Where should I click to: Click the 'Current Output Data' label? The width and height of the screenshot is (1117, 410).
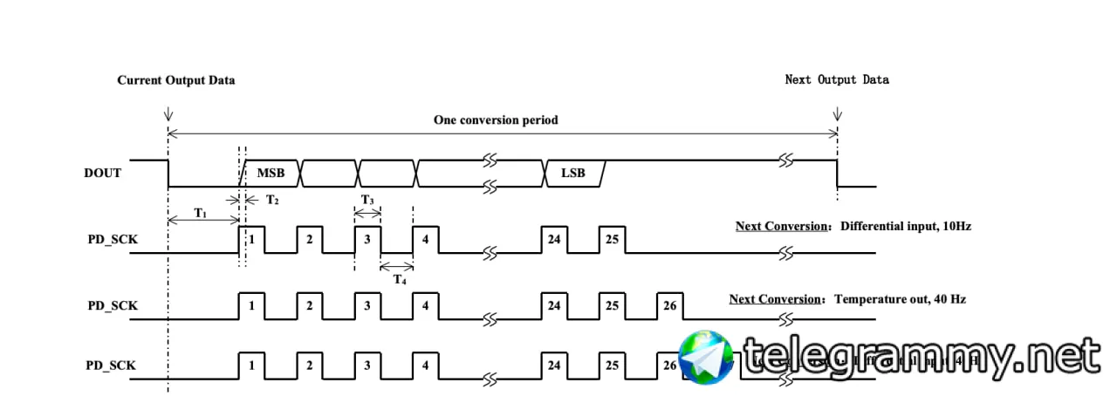pos(176,80)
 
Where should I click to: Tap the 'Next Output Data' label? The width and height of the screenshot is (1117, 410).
pos(837,79)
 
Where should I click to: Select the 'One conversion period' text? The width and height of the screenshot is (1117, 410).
pos(496,120)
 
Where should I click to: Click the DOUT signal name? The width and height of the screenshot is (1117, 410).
pos(104,173)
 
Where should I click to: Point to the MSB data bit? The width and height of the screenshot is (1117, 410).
pos(271,173)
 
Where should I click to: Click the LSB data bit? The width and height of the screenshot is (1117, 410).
pos(573,173)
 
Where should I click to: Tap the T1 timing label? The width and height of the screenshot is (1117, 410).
pos(200,214)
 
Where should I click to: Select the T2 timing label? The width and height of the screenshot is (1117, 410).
pos(272,200)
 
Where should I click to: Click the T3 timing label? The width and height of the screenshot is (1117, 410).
pos(367,201)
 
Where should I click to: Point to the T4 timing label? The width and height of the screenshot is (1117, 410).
pos(399,279)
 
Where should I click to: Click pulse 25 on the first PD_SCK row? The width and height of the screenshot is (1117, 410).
pos(612,239)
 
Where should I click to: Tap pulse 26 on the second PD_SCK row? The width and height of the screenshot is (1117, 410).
pos(669,306)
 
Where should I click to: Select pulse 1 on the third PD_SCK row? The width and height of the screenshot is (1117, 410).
pos(251,365)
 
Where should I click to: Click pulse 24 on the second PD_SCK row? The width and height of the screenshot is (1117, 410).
pos(553,306)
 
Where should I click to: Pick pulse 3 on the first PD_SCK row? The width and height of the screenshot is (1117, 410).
pos(367,239)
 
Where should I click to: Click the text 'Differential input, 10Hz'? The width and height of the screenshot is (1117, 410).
pos(906,226)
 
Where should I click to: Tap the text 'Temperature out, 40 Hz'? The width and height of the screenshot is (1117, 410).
pos(900,299)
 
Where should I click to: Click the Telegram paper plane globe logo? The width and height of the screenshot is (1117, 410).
pos(707,357)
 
